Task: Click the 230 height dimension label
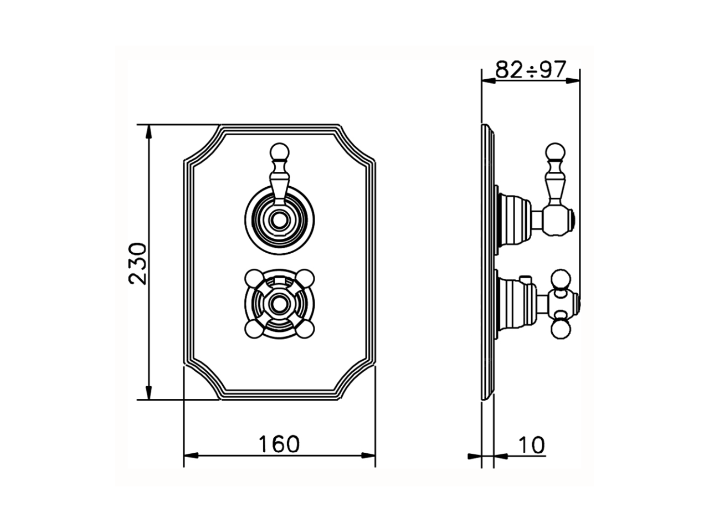[137, 264]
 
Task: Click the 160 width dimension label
[279, 444]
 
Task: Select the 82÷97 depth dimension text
[531, 69]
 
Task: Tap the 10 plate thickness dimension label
[532, 445]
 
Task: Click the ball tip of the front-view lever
[279, 151]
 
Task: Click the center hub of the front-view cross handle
[279, 304]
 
